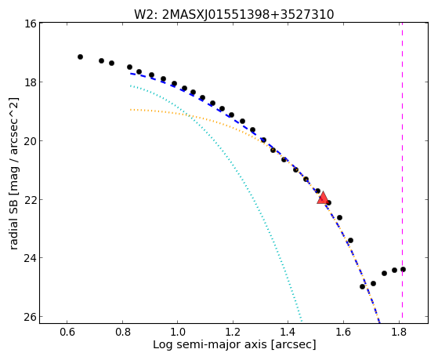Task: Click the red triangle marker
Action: pyautogui.click(x=323, y=198)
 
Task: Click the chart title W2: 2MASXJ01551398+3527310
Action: pyautogui.click(x=233, y=15)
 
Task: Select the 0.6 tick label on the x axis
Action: pyautogui.click(x=67, y=332)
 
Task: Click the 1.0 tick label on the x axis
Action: pyautogui.click(x=178, y=332)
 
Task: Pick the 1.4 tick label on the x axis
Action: pyautogui.click(x=288, y=332)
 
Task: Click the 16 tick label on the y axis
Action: pyautogui.click(x=30, y=24)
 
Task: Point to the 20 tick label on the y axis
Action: pyautogui.click(x=30, y=140)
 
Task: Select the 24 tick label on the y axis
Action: pyautogui.click(x=30, y=257)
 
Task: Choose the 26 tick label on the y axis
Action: pyautogui.click(x=30, y=317)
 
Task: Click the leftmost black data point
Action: pyautogui.click(x=80, y=56)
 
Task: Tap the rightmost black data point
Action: pyautogui.click(x=403, y=269)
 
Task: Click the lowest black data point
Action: pyautogui.click(x=362, y=286)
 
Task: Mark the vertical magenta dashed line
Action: pyautogui.click(x=402, y=170)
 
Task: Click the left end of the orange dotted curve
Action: pyautogui.click(x=130, y=110)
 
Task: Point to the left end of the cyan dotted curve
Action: pyautogui.click(x=130, y=85)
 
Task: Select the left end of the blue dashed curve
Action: pyautogui.click(x=130, y=73)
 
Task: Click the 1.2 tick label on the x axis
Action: pyautogui.click(x=233, y=332)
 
